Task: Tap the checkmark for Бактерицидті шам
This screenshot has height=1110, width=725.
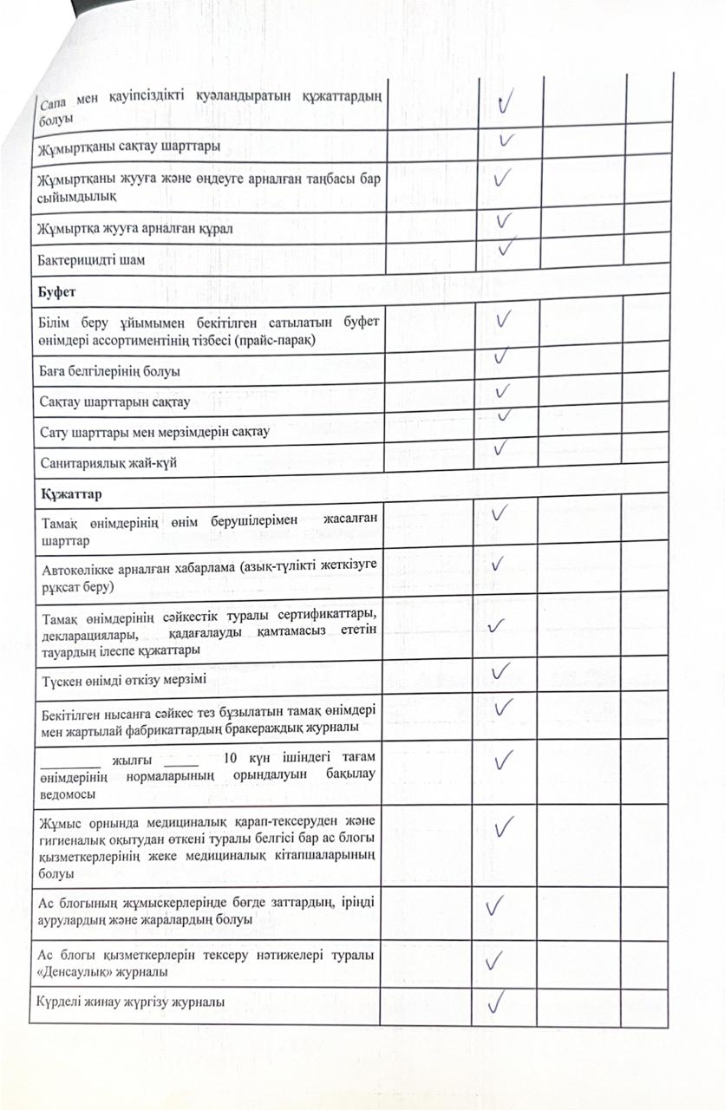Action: pyautogui.click(x=506, y=246)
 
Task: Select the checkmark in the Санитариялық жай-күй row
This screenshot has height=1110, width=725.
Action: pyautogui.click(x=500, y=448)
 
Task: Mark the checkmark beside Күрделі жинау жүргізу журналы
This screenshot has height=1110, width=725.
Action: pyautogui.click(x=497, y=1004)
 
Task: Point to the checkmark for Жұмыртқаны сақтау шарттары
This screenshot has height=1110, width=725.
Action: pyautogui.click(x=507, y=140)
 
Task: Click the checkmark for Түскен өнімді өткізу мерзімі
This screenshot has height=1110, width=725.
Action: pyautogui.click(x=500, y=672)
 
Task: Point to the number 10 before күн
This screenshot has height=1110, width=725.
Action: pyautogui.click(x=231, y=758)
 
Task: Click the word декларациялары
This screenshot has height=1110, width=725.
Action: pyautogui.click(x=84, y=633)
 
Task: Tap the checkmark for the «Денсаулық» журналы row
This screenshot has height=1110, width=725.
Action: pyautogui.click(x=495, y=960)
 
